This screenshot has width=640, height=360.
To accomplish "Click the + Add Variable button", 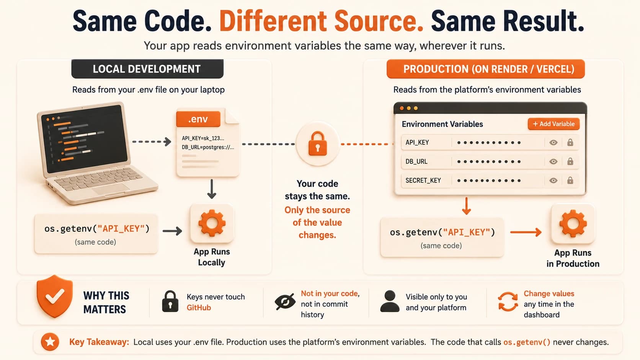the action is coord(553,124).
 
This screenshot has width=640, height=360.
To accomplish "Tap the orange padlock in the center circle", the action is coord(317,143).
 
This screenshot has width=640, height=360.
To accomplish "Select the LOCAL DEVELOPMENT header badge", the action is coord(147,69).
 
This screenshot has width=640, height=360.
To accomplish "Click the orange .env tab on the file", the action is coord(198,119).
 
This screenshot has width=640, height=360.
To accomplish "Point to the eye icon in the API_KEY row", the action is coord(553,142).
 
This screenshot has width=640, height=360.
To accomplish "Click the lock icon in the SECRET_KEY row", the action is coord(570,180).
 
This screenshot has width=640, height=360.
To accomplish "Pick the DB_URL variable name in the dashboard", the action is coord(416,161).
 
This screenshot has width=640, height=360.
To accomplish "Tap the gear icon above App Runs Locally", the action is coord(212,223).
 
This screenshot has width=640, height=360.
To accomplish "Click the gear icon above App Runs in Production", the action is coord(573,223).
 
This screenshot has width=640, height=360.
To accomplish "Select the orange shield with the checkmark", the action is coord(55,296).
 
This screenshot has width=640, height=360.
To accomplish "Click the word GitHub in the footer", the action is coord(199,308).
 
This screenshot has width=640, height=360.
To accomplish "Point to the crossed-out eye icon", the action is coord(285,301).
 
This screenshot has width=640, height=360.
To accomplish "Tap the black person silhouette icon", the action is coord(390,301).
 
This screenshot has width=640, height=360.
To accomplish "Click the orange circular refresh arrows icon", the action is coord(508,301).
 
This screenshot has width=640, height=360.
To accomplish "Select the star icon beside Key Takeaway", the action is coord(50,342).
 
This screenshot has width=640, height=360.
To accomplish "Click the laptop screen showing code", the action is coord(85,138).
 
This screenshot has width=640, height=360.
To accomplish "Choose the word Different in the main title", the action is coord(273,21).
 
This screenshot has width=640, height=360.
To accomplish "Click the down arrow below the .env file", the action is coord(211,189).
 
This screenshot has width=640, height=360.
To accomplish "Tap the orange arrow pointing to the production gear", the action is coord(526,232).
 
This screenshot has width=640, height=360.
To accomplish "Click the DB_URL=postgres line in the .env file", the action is coord(208,147).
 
